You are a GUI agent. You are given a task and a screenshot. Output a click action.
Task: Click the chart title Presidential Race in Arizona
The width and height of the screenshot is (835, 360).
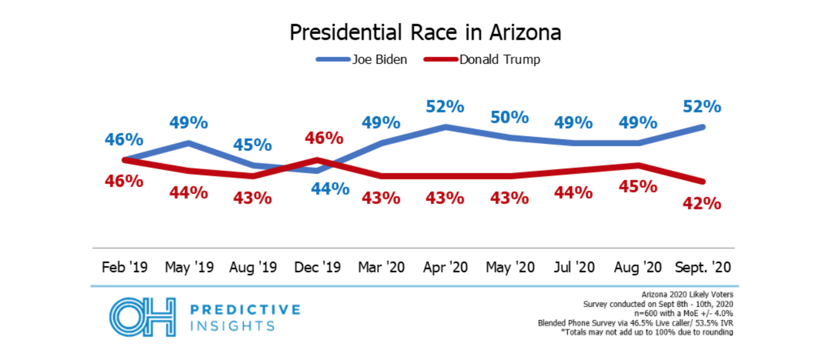click(x=425, y=32)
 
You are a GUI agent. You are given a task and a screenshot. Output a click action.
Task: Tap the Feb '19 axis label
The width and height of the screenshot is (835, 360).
click(x=124, y=267)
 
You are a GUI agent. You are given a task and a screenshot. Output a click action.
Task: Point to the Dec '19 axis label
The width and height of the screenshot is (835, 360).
click(x=317, y=267)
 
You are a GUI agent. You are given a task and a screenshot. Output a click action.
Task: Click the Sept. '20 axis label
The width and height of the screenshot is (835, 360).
click(x=703, y=267)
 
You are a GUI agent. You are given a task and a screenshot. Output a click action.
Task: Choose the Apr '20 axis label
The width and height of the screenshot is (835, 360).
click(x=445, y=267)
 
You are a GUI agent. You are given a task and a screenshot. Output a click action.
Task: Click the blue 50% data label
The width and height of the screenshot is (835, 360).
click(x=509, y=117)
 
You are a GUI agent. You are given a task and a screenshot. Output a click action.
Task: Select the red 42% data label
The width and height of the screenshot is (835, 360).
click(x=702, y=203)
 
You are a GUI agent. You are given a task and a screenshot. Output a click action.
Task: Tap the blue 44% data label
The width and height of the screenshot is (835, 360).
click(x=330, y=189)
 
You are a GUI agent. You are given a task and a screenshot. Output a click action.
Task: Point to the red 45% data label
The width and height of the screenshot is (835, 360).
click(x=638, y=187)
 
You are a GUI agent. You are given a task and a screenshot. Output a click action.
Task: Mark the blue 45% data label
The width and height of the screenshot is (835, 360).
click(x=252, y=145)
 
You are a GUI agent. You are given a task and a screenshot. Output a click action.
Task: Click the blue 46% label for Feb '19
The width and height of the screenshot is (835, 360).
click(x=124, y=140)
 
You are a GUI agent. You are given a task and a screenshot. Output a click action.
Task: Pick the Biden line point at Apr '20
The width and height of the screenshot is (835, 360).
click(x=446, y=127)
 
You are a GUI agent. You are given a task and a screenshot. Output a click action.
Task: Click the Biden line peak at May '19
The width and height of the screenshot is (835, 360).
click(x=189, y=143)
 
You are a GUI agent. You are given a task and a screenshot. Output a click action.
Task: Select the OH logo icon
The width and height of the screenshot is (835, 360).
click(x=143, y=317)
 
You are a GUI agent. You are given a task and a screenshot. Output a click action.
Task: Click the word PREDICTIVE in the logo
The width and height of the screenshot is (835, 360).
click(x=245, y=310)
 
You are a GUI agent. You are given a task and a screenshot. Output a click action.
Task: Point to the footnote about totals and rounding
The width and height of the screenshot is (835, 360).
click(x=647, y=332)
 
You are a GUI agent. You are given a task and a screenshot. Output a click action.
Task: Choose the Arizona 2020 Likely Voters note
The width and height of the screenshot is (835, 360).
click(x=687, y=295)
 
